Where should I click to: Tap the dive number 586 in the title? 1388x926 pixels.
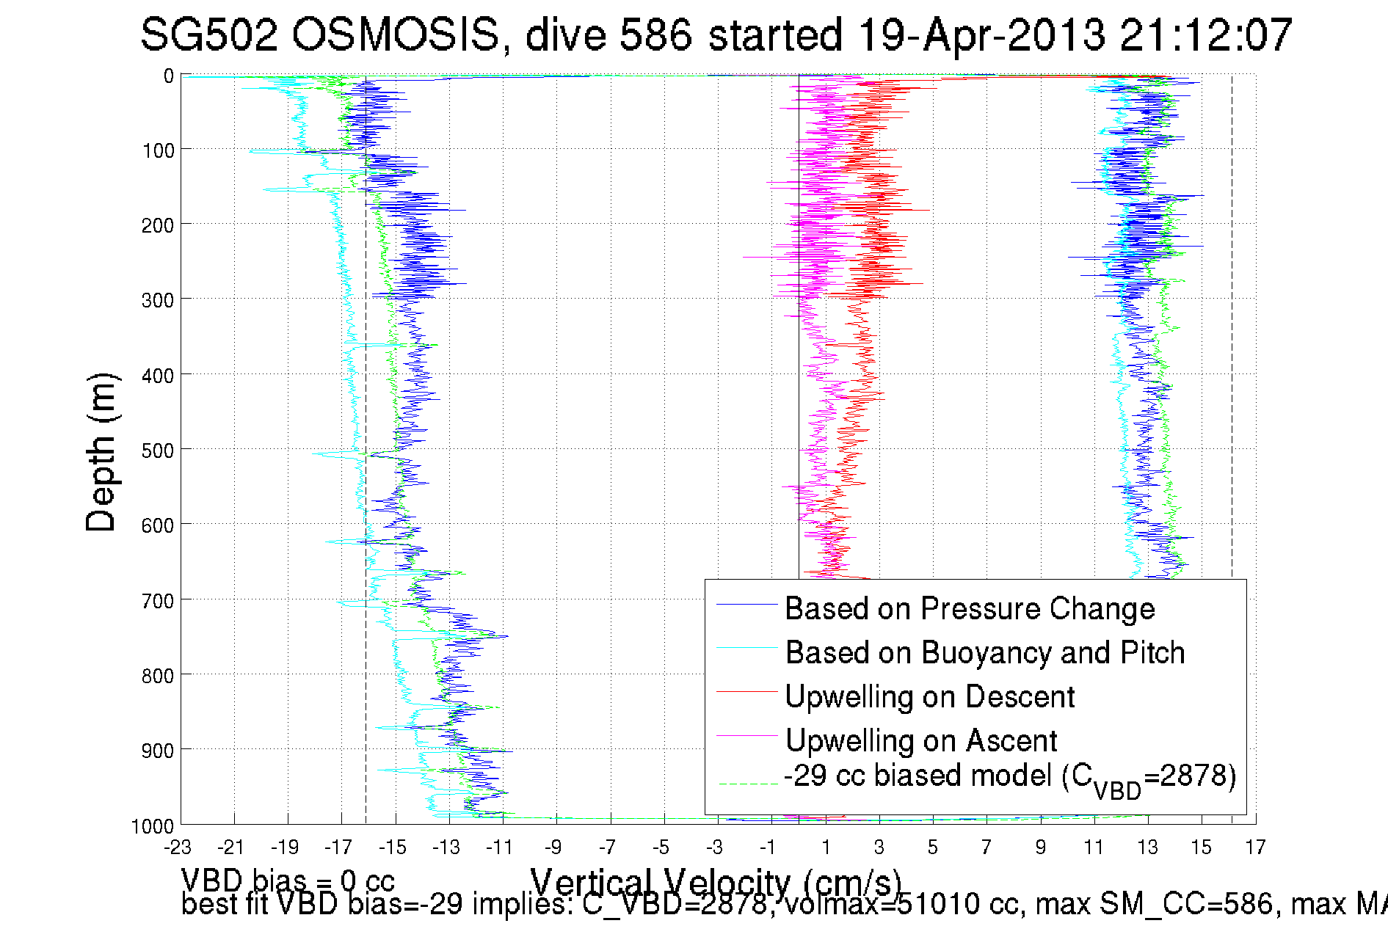655,34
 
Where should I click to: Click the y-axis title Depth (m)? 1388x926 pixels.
101,452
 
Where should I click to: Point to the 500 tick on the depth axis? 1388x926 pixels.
157,451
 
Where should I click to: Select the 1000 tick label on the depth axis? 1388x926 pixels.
153,827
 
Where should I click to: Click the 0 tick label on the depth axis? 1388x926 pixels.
169,76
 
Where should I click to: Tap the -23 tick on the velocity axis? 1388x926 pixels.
178,847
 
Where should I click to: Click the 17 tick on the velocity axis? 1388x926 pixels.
1255,847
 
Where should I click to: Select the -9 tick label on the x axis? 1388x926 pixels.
553,847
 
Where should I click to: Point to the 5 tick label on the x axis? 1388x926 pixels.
932,847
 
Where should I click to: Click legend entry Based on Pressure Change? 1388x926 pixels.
970,609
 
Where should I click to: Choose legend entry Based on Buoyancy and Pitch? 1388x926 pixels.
985,653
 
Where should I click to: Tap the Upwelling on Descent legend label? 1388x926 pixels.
930,697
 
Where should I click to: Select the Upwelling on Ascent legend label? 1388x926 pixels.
921,741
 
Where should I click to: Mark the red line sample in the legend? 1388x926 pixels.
746,691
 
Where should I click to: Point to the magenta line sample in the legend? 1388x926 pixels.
746,735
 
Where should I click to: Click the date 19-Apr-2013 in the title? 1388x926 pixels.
981,34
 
